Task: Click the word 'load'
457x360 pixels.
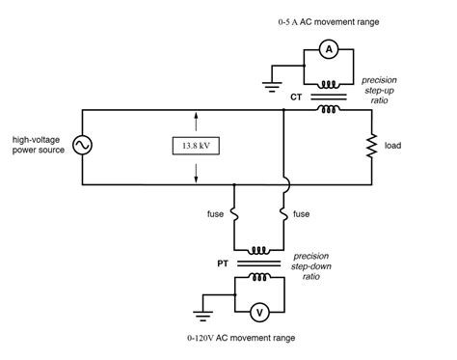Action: point(392,146)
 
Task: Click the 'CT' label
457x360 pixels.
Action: point(298,97)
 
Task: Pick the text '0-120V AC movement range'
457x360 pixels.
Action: point(242,339)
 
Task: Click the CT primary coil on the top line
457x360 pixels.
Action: point(329,108)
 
